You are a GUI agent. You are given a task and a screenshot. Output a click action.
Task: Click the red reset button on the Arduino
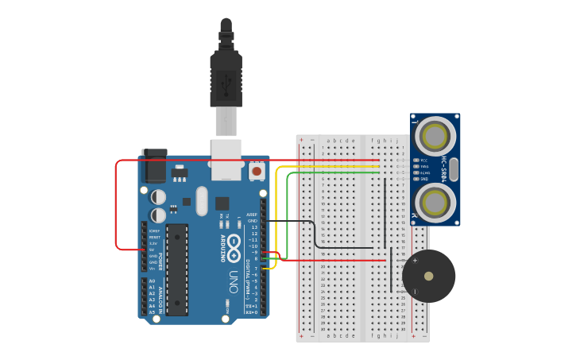tap(257, 171)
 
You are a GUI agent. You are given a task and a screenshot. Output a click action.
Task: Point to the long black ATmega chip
tap(176, 269)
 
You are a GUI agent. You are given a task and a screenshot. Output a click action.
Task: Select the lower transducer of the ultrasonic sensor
tap(435, 202)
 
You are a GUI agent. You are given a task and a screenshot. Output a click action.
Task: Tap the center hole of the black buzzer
tap(429, 277)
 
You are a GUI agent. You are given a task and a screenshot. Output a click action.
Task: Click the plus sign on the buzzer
tap(414, 261)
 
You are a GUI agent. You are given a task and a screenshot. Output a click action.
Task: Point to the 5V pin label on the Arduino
tap(151, 250)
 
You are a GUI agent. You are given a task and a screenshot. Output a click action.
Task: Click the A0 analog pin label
tap(152, 281)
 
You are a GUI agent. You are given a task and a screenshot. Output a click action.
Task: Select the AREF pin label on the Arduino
tap(252, 215)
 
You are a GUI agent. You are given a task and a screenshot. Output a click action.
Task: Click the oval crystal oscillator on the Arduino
tap(201, 201)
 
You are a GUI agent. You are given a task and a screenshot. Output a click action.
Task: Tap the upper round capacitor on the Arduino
tap(159, 195)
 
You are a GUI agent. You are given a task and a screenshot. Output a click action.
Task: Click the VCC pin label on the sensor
tap(423, 160)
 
